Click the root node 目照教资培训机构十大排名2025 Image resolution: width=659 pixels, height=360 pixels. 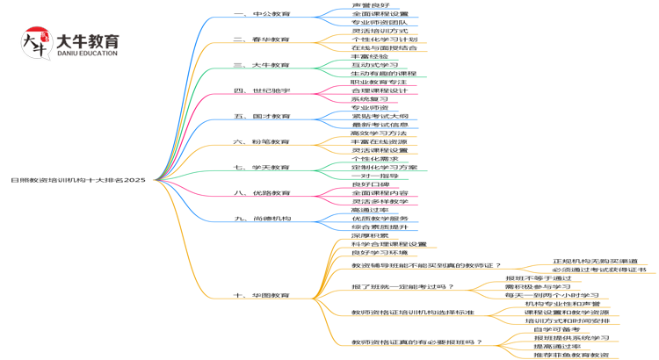click(78, 179)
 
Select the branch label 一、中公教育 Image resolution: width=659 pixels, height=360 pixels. click(263, 15)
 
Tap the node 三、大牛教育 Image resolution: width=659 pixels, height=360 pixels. click(262, 65)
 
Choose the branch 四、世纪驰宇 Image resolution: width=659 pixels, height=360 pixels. click(262, 90)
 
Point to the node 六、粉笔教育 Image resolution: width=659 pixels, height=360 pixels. click(262, 141)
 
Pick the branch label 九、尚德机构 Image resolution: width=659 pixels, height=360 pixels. click(263, 218)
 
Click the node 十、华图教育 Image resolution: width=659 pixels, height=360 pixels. click(262, 295)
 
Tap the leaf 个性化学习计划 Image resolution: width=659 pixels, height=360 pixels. click(384, 40)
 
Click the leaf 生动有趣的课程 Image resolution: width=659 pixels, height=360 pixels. click(384, 74)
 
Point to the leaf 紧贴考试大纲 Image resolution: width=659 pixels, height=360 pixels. click(380, 116)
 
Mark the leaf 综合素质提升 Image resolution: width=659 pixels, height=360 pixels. click(380, 227)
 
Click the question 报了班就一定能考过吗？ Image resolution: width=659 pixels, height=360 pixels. click(402, 286)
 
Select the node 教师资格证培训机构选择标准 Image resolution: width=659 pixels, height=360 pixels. click(412, 312)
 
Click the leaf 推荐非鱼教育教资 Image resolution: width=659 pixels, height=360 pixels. click(571, 355)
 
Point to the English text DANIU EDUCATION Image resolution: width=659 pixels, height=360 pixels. click(86, 54)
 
